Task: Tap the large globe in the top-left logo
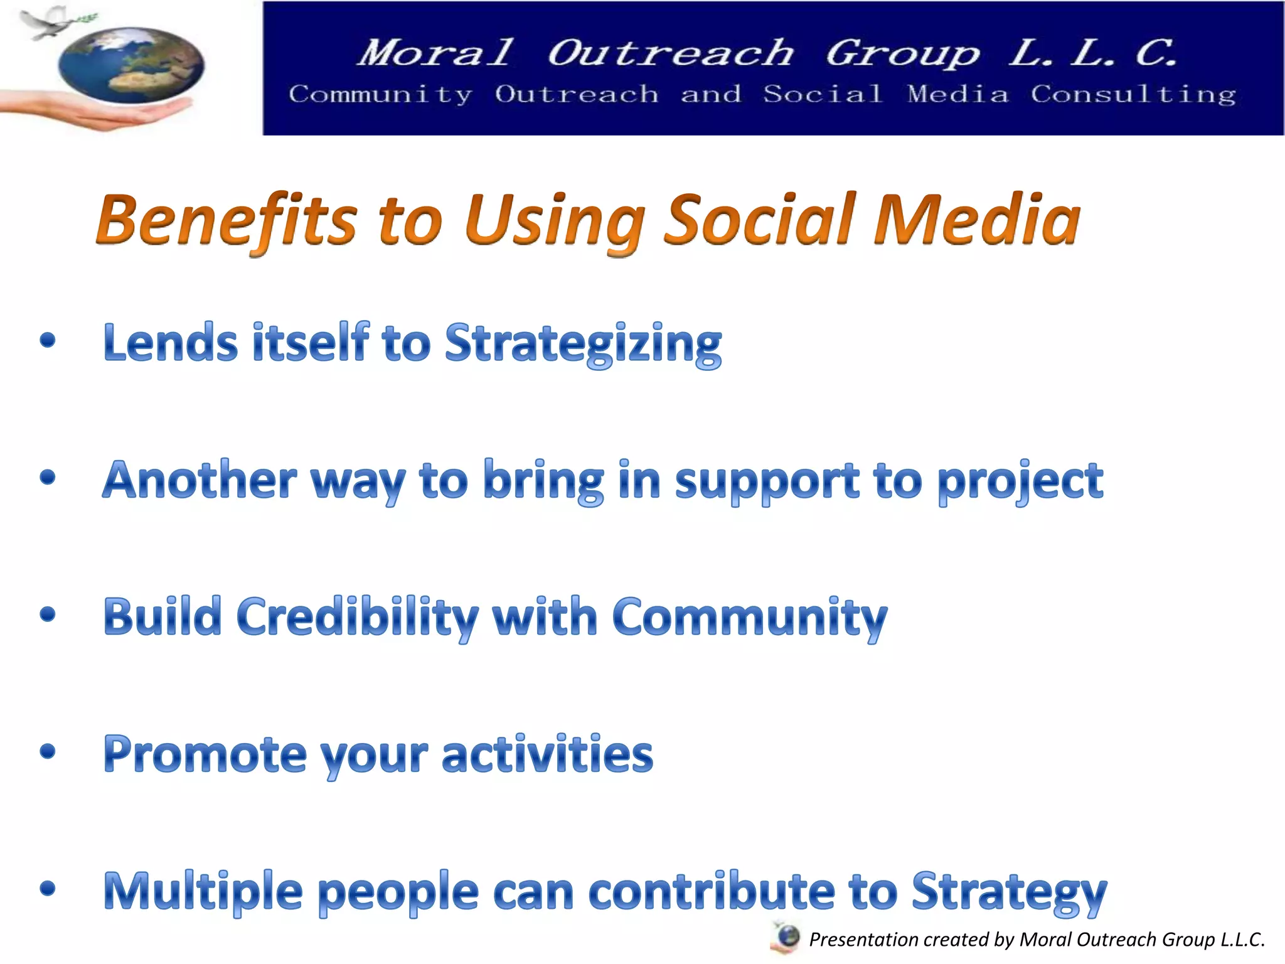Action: pyautogui.click(x=132, y=65)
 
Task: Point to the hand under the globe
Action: pyautogui.click(x=94, y=113)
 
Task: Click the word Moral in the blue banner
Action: pyautogui.click(x=435, y=53)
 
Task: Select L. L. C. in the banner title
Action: pyautogui.click(x=1092, y=53)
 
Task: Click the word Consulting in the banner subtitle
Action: pyautogui.click(x=1133, y=95)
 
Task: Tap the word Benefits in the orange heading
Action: pyautogui.click(x=227, y=220)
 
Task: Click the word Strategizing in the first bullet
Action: pyautogui.click(x=583, y=344)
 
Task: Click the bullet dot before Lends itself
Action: pyautogui.click(x=48, y=341)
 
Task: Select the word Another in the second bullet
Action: pyautogui.click(x=200, y=480)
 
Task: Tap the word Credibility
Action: pyautogui.click(x=357, y=618)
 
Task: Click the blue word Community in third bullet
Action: pyautogui.click(x=750, y=618)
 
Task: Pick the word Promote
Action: pyautogui.click(x=205, y=754)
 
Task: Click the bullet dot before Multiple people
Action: pyautogui.click(x=48, y=888)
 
